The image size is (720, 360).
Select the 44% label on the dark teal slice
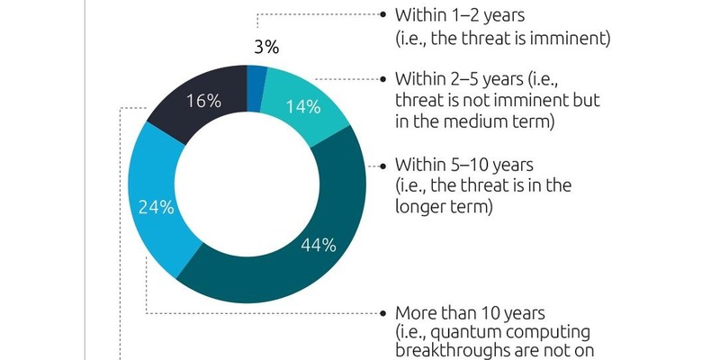[x=319, y=244]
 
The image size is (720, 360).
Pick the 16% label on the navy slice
[x=202, y=101]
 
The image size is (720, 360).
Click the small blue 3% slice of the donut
[x=257, y=76]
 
